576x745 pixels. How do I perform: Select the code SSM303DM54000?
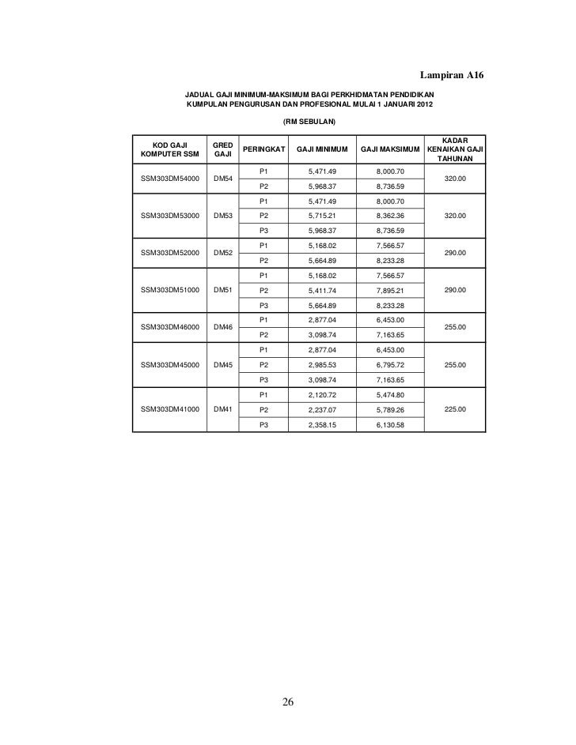(170, 179)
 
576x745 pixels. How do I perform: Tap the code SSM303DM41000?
(170, 410)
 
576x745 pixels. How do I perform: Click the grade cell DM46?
(222, 326)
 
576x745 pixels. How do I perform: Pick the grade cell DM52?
(222, 253)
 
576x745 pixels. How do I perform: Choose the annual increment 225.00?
(455, 410)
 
